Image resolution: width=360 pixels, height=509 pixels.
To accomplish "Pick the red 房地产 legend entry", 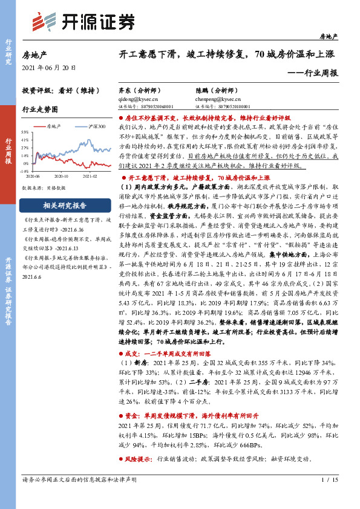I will pyautogui.click(x=52, y=126).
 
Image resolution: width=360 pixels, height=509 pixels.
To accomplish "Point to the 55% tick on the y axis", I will pyautogui.click(x=25, y=132).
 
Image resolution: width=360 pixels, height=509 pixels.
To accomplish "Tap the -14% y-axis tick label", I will pyautogui.click(x=24, y=171).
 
